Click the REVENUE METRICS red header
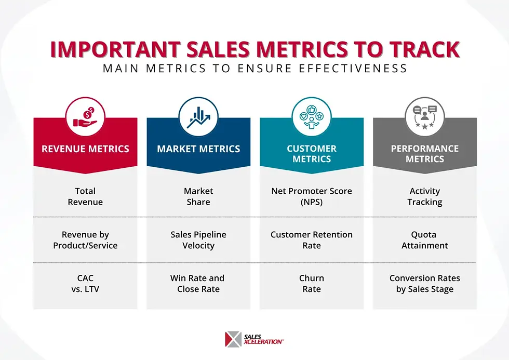pos(85,149)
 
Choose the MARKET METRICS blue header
pos(198,149)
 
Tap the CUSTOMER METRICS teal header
pos(312,154)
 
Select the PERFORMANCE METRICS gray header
pos(425,154)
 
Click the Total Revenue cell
pos(85,196)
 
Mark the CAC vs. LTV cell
pos(85,284)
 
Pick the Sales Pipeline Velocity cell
pos(198,240)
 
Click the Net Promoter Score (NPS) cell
pos(312,196)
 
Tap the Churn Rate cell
pos(312,284)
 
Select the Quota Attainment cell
pos(425,240)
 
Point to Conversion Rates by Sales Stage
pos(425,284)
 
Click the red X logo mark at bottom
pos(233,339)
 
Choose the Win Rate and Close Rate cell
pos(198,284)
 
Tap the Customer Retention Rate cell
pos(312,240)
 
